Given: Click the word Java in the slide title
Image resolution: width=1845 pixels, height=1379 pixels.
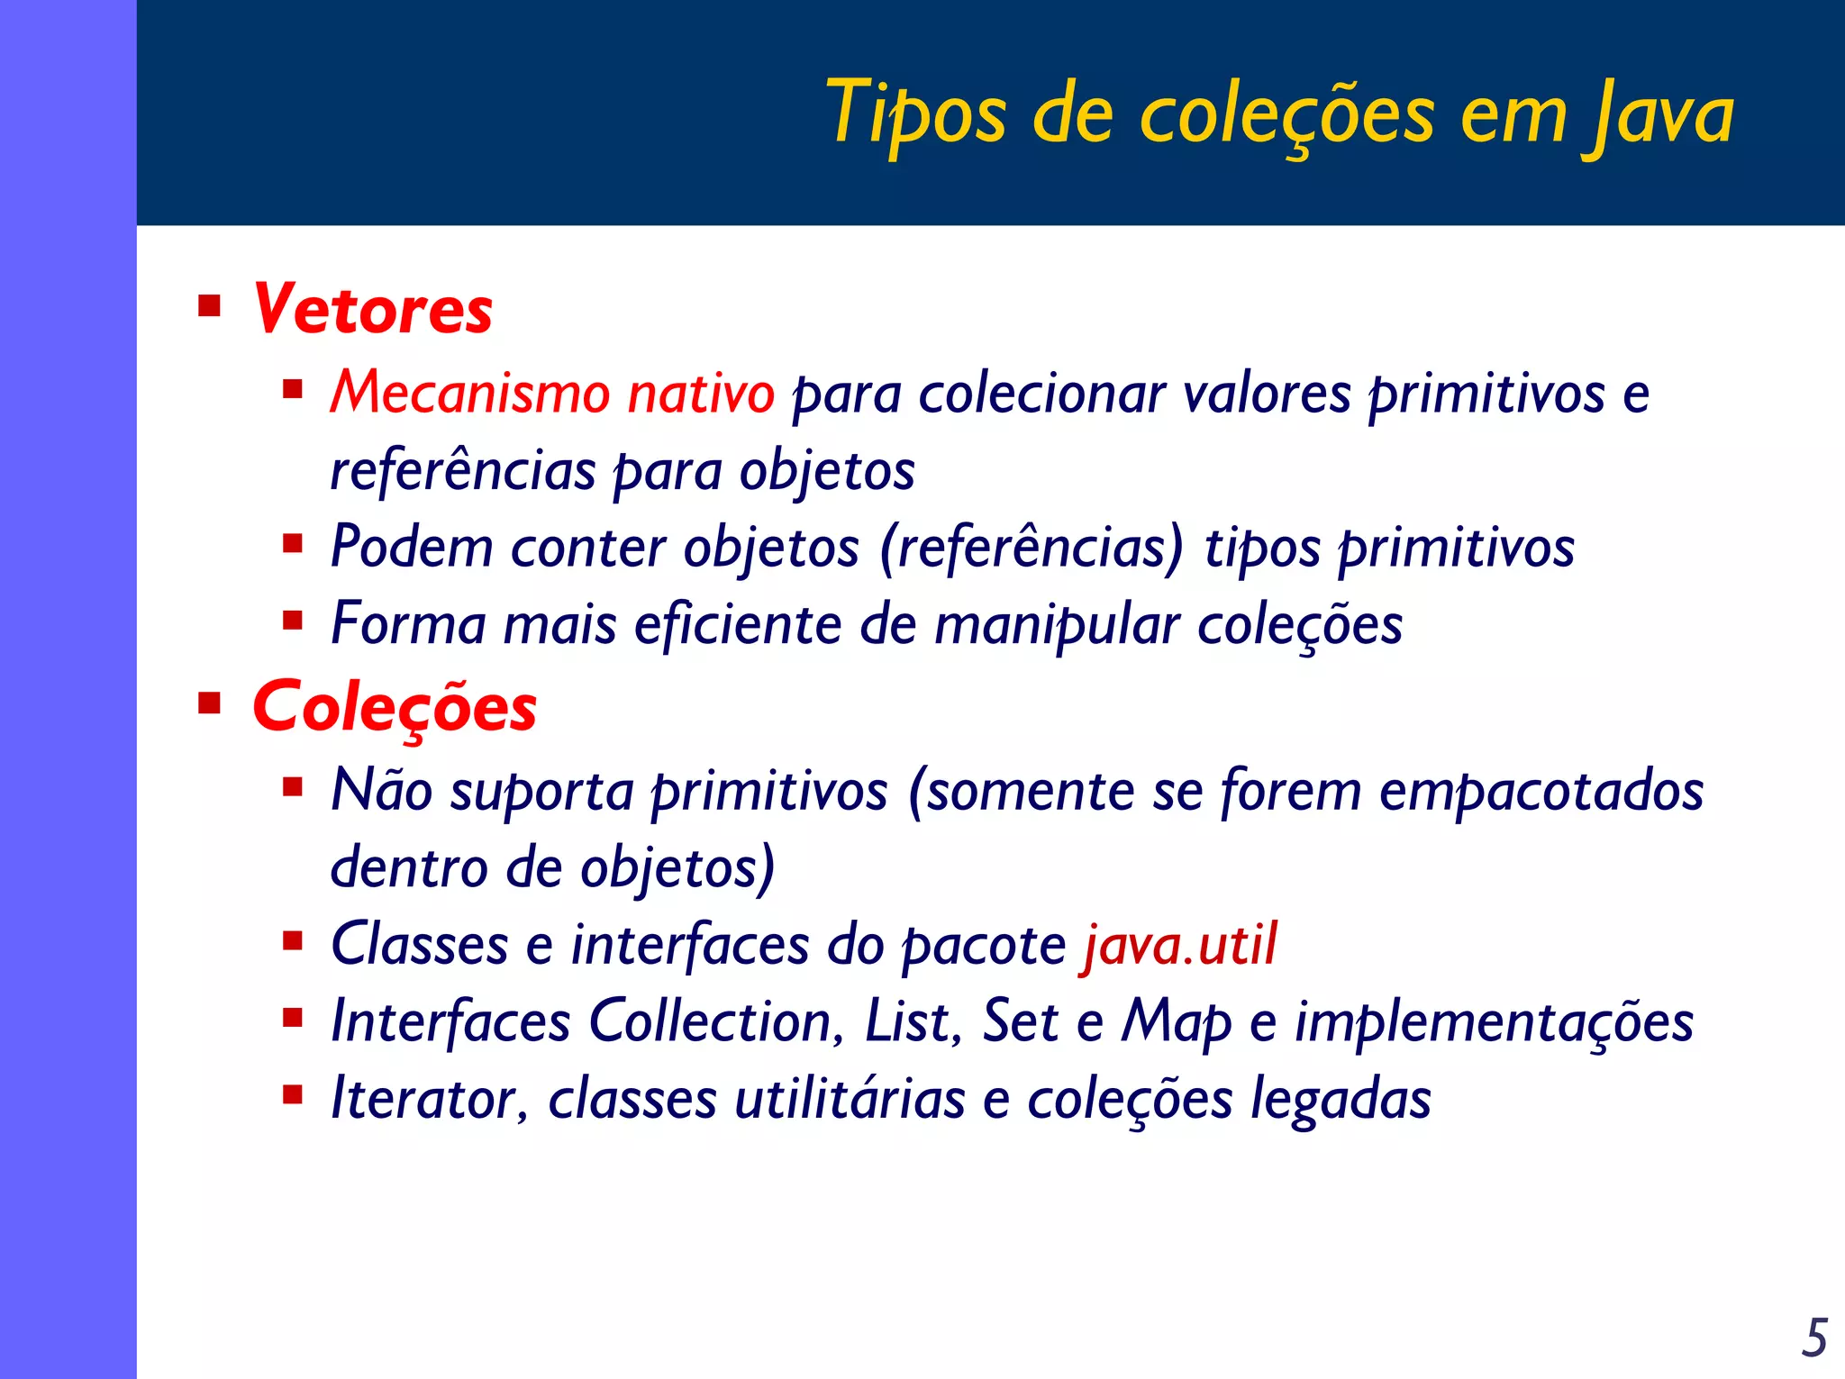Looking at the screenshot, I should [x=1659, y=114].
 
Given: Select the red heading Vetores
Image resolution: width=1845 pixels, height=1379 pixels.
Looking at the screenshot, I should [x=373, y=309].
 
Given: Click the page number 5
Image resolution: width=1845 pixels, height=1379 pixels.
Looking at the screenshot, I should [x=1814, y=1338].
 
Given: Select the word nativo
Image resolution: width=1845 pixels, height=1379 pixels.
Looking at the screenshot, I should [x=701, y=394].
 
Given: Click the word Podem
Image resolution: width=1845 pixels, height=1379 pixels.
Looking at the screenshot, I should [x=412, y=547].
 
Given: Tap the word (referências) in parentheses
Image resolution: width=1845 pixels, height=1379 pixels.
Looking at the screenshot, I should [x=1031, y=548].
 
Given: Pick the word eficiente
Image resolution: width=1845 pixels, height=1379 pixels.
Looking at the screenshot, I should [x=738, y=624].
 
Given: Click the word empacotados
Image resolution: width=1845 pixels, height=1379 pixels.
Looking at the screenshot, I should [x=1541, y=792].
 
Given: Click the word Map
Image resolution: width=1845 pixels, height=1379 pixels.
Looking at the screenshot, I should [x=1176, y=1023].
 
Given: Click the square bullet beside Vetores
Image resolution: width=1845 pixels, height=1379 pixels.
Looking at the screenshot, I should [x=210, y=307].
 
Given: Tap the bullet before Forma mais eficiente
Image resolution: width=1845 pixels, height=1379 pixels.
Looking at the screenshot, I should [x=293, y=621].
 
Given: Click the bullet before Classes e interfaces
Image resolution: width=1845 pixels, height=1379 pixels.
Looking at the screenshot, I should [x=293, y=942].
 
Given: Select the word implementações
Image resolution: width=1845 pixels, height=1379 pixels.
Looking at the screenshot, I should [x=1494, y=1023].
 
